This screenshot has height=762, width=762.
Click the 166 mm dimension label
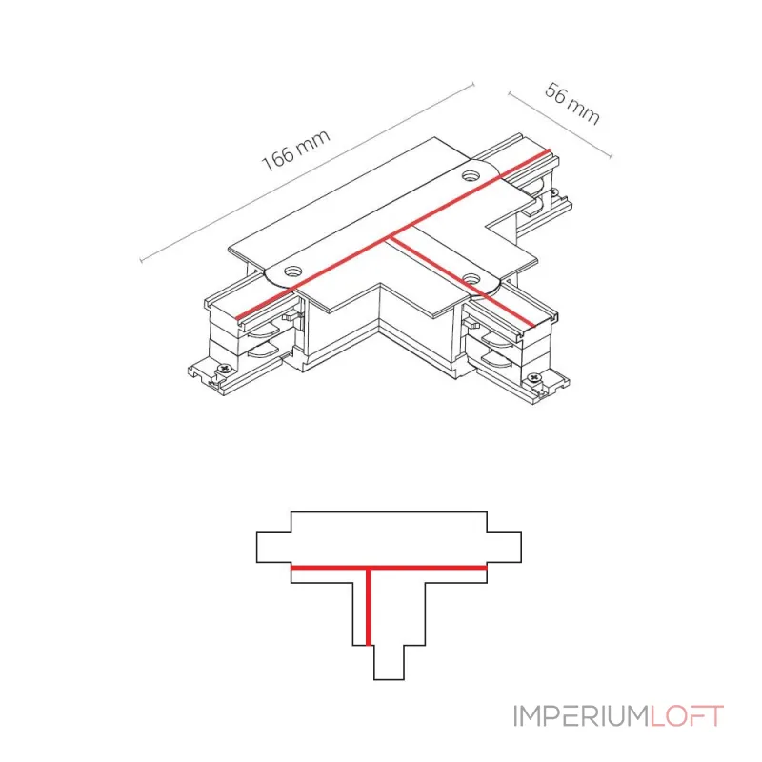point(295,150)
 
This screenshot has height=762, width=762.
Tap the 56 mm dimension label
point(572,104)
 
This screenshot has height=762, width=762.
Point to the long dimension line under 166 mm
point(305,172)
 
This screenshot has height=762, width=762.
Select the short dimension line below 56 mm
point(559,125)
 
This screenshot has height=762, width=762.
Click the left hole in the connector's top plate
point(292,272)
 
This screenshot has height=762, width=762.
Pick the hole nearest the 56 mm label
point(471,176)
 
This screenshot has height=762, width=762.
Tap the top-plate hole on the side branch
point(471,278)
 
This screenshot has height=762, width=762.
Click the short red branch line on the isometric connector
point(467,281)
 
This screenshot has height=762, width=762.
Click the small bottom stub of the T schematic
point(388,662)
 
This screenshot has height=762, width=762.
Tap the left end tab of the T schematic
point(273,548)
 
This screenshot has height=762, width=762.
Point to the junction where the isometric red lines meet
point(393,236)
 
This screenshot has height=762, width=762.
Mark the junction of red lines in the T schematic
point(367,568)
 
